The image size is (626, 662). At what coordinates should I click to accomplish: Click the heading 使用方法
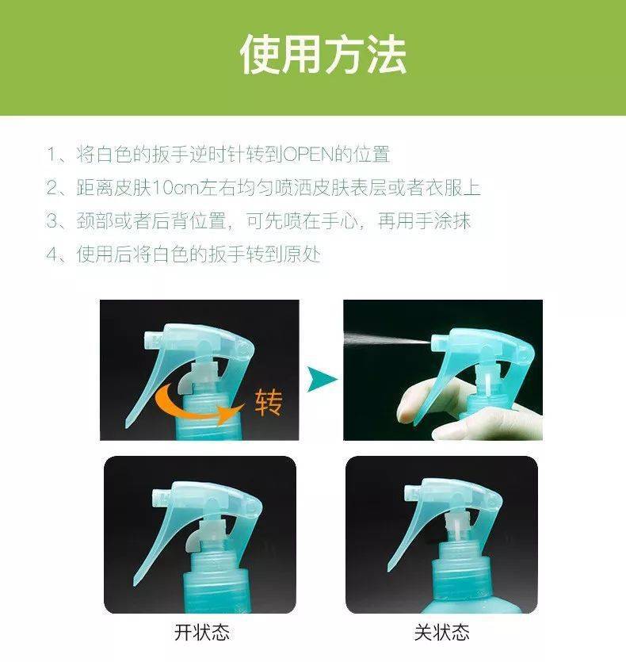point(323,55)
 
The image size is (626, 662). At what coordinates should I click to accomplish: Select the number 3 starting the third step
point(52,221)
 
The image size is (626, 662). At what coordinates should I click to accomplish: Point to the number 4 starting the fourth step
point(52,254)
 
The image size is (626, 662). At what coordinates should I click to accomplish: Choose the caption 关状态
point(441,633)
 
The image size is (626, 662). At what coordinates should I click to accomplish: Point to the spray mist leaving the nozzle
point(384,336)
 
